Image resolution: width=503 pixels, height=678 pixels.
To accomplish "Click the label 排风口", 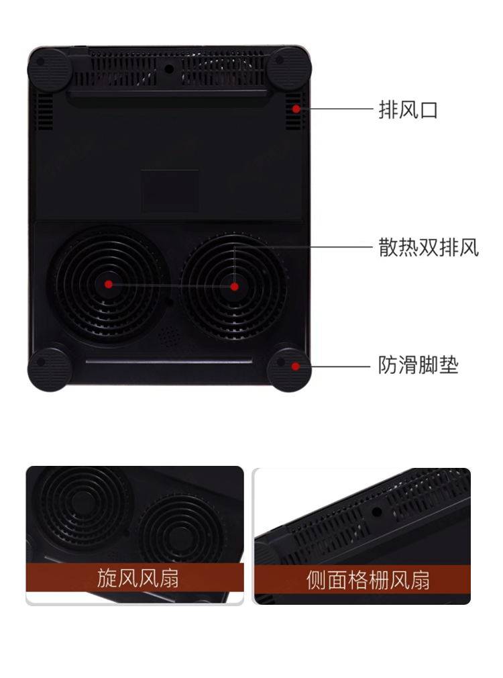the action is pyautogui.click(x=408, y=109).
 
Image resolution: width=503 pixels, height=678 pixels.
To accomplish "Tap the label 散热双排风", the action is pyautogui.click(x=429, y=247).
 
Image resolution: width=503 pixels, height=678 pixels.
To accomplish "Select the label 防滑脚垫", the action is pyautogui.click(x=418, y=366).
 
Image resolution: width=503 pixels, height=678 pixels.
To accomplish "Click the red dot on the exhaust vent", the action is pyautogui.click(x=296, y=109).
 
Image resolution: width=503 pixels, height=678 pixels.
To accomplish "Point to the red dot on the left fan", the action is pyautogui.click(x=109, y=285).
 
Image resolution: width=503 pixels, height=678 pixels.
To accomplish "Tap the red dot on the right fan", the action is pyautogui.click(x=234, y=286).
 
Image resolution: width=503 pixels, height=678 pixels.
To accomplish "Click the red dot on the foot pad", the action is pyautogui.click(x=295, y=366).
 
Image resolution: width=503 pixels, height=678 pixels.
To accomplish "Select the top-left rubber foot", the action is pyautogui.click(x=47, y=67).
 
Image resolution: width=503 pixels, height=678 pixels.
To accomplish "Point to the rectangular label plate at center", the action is pyautogui.click(x=170, y=191).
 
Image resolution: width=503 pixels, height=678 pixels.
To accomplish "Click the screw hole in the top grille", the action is pyautogui.click(x=169, y=68).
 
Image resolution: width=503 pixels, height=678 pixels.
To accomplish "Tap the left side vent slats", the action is pyautogui.click(x=44, y=111).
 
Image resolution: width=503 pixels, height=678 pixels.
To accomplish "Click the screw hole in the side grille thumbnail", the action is pyautogui.click(x=377, y=512).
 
